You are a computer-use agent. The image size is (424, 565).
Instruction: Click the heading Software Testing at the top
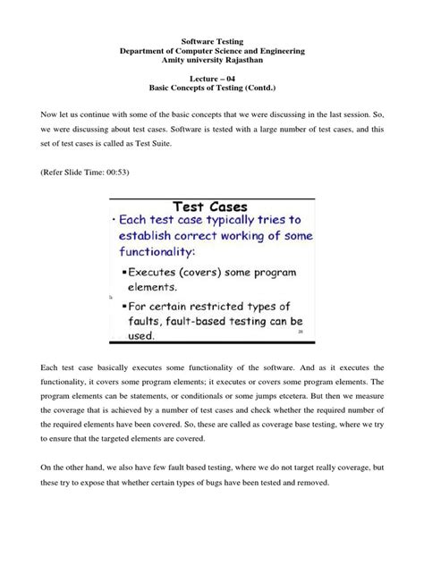212,42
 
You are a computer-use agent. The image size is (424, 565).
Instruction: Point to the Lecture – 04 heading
212,80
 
